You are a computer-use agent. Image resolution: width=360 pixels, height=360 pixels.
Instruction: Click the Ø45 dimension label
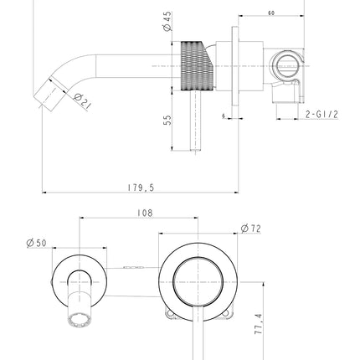pyautogui.click(x=167, y=22)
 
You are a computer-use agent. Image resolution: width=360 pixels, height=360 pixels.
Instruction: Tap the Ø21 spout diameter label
pyautogui.click(x=83, y=100)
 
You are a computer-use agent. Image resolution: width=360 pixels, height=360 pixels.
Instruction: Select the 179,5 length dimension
pyautogui.click(x=141, y=188)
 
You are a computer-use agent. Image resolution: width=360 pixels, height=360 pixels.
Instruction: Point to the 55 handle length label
pyautogui.click(x=167, y=121)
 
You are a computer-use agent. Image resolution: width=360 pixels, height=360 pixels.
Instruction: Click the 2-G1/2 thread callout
pyautogui.click(x=321, y=115)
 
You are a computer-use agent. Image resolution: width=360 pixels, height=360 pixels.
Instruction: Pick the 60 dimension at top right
pyautogui.click(x=271, y=13)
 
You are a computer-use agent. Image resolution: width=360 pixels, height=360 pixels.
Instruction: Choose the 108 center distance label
pyautogui.click(x=145, y=213)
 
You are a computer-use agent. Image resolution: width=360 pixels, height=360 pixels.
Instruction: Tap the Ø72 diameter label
pyautogui.click(x=250, y=229)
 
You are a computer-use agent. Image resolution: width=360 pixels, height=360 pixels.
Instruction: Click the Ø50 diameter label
pyautogui.click(x=37, y=243)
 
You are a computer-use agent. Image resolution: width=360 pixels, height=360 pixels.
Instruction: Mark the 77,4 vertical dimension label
pyautogui.click(x=259, y=324)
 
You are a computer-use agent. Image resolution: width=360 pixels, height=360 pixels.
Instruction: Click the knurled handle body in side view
pyautogui.click(x=197, y=66)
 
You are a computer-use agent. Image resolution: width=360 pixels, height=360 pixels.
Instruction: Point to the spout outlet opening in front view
pyautogui.click(x=80, y=321)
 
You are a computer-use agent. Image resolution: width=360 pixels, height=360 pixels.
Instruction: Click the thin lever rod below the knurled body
pyautogui.click(x=196, y=121)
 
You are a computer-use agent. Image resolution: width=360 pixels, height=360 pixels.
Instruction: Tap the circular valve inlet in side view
pyautogui.click(x=286, y=66)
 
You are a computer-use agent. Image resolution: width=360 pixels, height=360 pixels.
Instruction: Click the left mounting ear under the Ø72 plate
pyautogui.click(x=170, y=315)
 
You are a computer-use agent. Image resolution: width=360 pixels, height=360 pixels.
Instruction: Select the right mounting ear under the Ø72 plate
pyautogui.click(x=227, y=315)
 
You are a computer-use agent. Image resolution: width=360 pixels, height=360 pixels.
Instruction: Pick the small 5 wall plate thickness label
pyautogui.click(x=224, y=116)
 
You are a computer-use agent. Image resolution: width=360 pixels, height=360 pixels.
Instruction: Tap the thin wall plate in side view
pyautogui.click(x=235, y=66)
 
